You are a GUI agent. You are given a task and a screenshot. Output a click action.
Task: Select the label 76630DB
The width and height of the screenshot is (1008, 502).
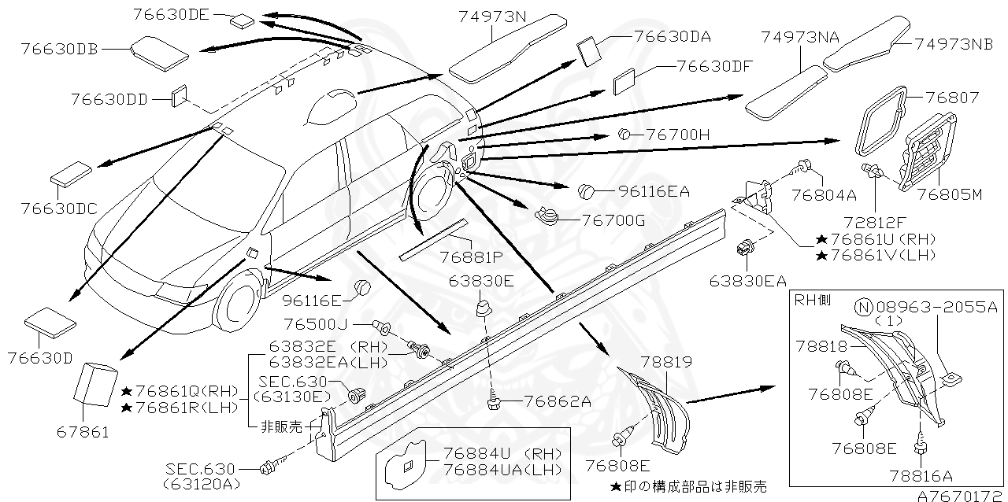61,49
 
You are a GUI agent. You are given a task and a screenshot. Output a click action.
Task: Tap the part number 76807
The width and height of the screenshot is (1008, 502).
952,98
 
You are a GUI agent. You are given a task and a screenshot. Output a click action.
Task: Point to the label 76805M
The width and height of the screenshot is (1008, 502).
950,194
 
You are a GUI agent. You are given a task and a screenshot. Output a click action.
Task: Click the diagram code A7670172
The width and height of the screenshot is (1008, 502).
961,495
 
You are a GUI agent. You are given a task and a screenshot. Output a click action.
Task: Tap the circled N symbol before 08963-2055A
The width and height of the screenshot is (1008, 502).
863,307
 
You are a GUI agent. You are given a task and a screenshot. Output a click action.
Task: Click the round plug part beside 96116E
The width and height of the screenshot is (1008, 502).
361,288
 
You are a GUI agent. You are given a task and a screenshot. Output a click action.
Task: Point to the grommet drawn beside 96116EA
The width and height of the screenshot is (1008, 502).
587,190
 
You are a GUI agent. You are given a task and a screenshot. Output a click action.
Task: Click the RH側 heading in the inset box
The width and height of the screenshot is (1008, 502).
812,299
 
